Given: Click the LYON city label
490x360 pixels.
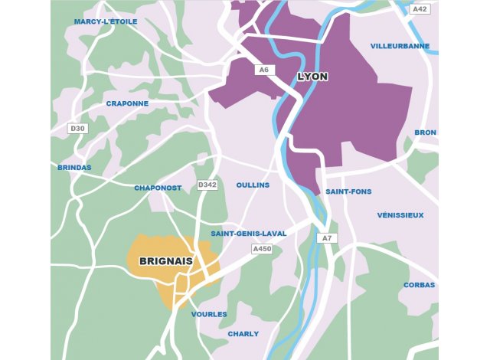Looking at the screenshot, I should pyautogui.click(x=312, y=77).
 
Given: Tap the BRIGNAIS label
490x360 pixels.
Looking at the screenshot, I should pyautogui.click(x=165, y=261).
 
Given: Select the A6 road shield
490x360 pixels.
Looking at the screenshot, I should pyautogui.click(x=264, y=70).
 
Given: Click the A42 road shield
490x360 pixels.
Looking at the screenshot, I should pyautogui.click(x=419, y=9).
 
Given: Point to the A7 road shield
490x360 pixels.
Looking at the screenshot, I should pyautogui.click(x=327, y=238).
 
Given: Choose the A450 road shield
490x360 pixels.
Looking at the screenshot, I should pyautogui.click(x=262, y=248).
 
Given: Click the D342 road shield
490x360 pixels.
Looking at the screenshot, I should pyautogui.click(x=207, y=185).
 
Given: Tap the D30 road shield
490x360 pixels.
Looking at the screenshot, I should pyautogui.click(x=77, y=128).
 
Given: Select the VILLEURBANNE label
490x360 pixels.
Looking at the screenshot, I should pyautogui.click(x=400, y=46).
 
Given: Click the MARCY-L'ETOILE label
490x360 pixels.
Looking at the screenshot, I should pyautogui.click(x=106, y=21).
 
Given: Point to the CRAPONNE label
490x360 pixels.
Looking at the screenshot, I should pyautogui.click(x=127, y=103).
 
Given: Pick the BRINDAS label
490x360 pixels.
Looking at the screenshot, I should pyautogui.click(x=74, y=167).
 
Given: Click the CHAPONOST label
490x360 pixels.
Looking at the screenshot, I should pyautogui.click(x=158, y=188).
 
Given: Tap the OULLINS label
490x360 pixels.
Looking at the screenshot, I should pyautogui.click(x=253, y=185).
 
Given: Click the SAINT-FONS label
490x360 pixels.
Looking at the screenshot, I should pyautogui.click(x=348, y=191).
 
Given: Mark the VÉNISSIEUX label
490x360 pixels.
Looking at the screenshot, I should pyautogui.click(x=400, y=215).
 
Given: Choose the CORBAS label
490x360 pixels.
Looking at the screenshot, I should pyautogui.click(x=420, y=285).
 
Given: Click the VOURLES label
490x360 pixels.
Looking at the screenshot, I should pyautogui.click(x=209, y=314).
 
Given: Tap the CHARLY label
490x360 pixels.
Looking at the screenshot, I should pyautogui.click(x=243, y=334).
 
